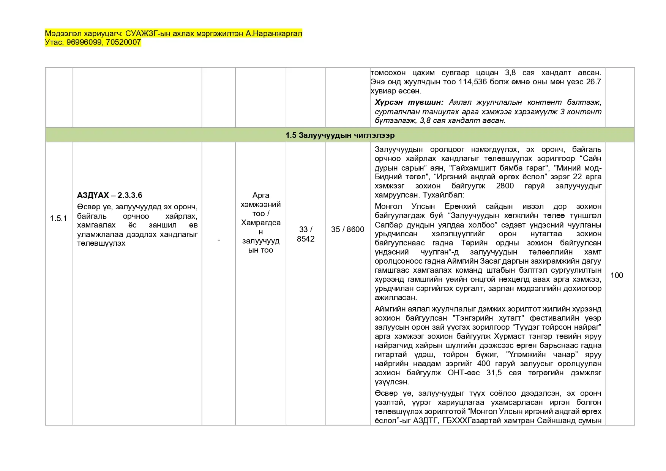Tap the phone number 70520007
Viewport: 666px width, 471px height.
click(x=123, y=42)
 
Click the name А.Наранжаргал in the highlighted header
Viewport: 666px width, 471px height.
click(x=274, y=33)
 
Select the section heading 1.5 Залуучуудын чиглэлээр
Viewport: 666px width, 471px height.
click(x=340, y=135)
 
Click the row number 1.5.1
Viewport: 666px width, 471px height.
click(x=58, y=218)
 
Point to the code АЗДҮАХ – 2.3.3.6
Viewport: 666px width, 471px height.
click(x=109, y=195)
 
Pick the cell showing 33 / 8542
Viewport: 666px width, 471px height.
click(x=305, y=234)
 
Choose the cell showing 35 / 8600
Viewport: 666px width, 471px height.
click(x=347, y=229)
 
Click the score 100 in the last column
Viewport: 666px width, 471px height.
click(x=617, y=275)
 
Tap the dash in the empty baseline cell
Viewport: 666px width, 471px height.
click(x=219, y=240)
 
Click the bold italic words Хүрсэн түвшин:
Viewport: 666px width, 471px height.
click(x=409, y=103)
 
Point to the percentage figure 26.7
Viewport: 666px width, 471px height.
click(x=593, y=82)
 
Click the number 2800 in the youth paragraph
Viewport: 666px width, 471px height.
click(x=505, y=186)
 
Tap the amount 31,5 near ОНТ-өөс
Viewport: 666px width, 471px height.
click(x=494, y=373)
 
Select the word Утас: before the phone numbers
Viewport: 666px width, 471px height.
click(x=54, y=42)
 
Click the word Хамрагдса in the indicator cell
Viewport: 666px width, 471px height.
click(x=260, y=223)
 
